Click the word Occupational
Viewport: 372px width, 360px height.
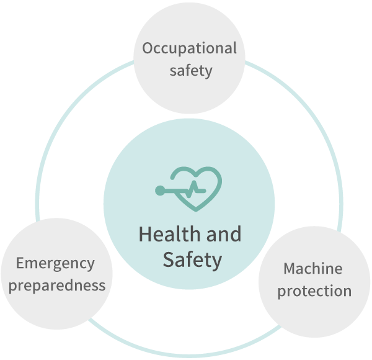(x=189, y=49)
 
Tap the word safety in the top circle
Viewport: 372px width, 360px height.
(x=191, y=71)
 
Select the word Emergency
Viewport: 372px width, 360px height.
(x=55, y=264)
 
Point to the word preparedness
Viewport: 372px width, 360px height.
(x=57, y=286)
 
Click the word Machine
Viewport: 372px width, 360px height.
(x=313, y=269)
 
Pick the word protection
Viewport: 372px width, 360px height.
(x=314, y=291)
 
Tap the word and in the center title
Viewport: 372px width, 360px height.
(x=224, y=234)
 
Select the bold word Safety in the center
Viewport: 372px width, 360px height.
(x=192, y=260)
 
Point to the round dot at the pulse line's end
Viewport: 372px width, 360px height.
(x=160, y=191)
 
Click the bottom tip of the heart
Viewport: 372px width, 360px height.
(x=196, y=210)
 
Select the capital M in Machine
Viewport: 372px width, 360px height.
(x=290, y=269)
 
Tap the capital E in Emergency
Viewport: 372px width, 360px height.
(x=20, y=263)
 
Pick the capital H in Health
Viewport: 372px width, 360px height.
(x=145, y=234)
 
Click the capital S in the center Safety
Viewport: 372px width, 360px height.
(x=169, y=259)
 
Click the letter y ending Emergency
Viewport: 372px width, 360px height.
(x=91, y=266)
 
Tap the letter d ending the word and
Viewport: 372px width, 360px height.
(x=236, y=234)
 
